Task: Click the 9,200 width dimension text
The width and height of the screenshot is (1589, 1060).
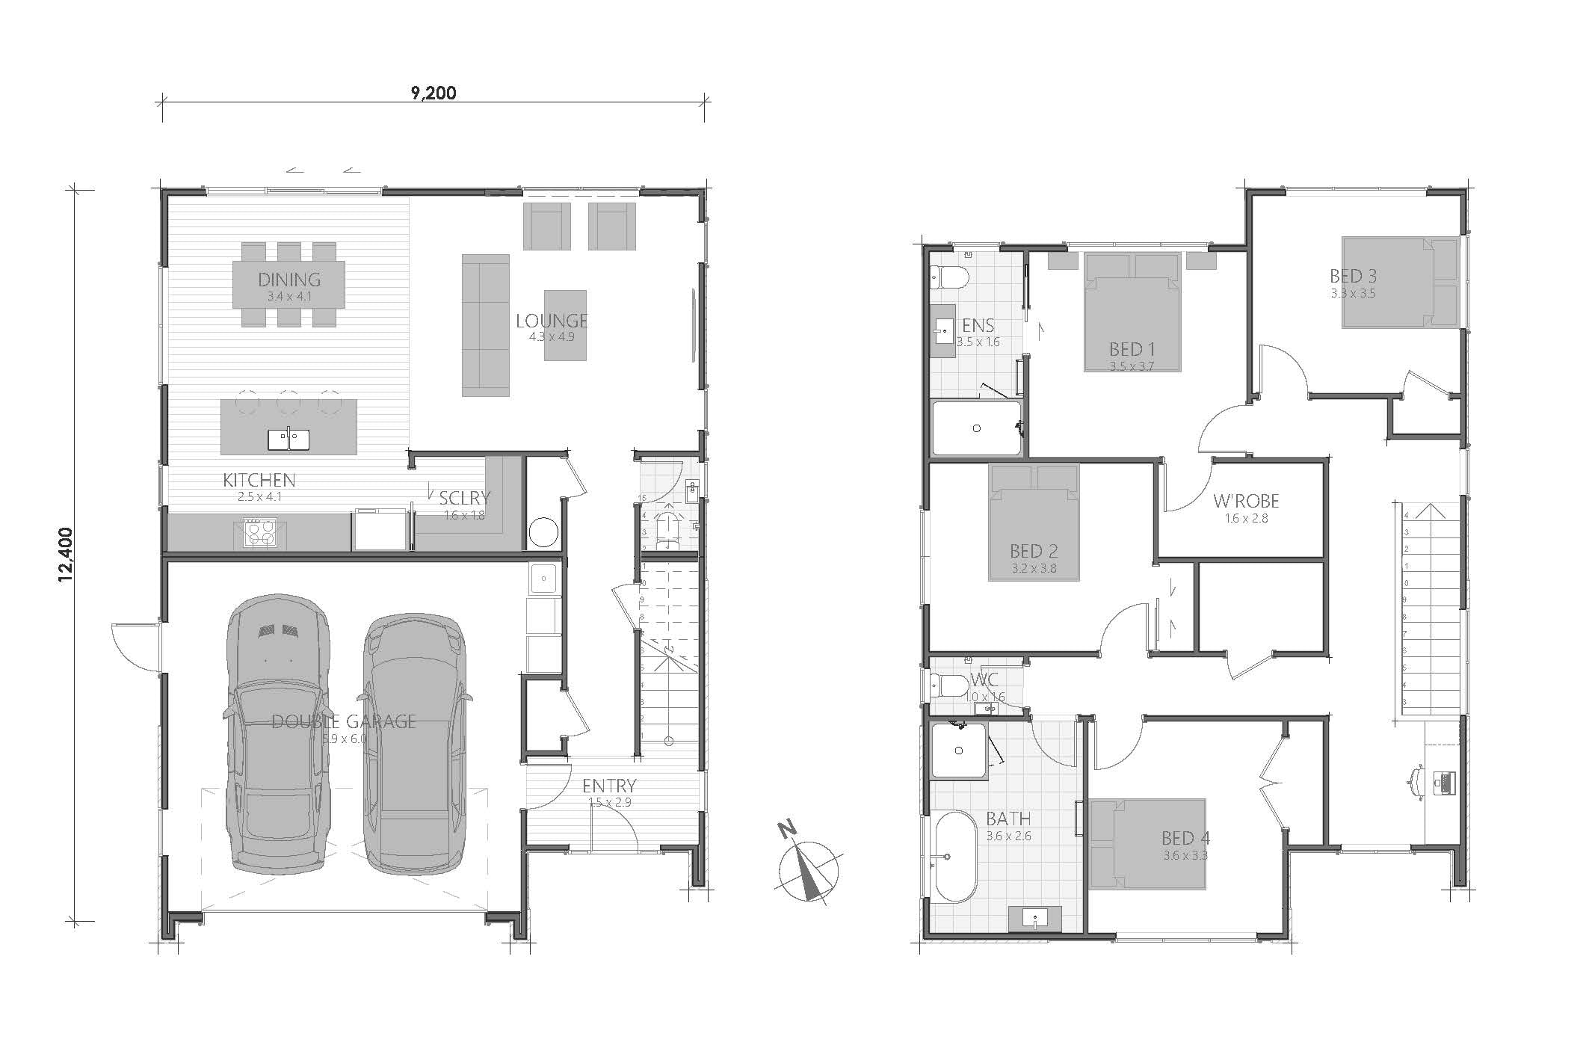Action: (x=433, y=93)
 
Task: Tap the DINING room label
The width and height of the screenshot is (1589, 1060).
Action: (x=289, y=280)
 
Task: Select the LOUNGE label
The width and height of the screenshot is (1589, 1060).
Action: (x=552, y=321)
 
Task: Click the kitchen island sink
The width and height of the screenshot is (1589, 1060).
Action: (x=289, y=440)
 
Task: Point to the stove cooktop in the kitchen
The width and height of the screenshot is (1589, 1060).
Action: (x=259, y=534)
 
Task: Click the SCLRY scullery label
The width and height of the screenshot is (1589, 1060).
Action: (x=464, y=498)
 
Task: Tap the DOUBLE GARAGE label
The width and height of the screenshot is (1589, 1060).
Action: (x=343, y=721)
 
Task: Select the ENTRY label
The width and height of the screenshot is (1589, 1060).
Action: (x=609, y=786)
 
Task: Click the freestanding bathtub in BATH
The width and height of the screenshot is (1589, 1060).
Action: (x=954, y=857)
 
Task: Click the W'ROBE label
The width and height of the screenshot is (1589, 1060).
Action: (x=1246, y=501)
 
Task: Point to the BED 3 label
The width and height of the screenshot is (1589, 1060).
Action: (x=1353, y=277)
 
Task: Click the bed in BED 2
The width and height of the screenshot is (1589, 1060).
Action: (x=1034, y=523)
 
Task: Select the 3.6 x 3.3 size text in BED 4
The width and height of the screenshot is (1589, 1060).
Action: (x=1185, y=856)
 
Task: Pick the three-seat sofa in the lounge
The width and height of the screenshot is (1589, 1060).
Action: (x=485, y=325)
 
